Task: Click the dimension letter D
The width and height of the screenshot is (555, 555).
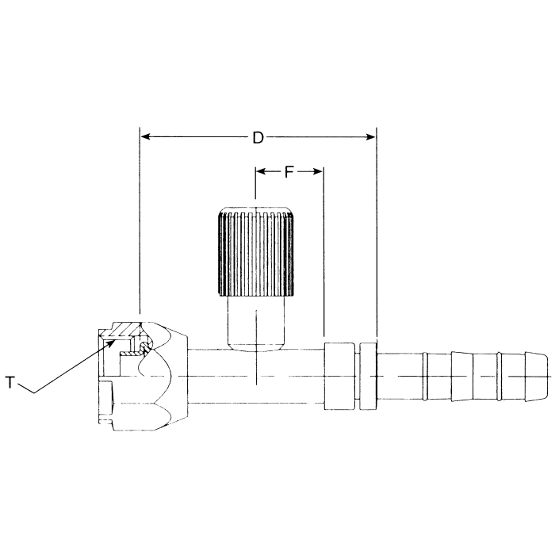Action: coord(258,138)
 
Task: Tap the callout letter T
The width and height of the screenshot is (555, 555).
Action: coord(10,384)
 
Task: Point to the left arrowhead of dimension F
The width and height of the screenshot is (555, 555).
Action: coord(260,171)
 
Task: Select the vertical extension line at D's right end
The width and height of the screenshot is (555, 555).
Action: coord(376,238)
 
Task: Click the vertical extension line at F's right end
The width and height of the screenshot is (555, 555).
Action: coord(323,254)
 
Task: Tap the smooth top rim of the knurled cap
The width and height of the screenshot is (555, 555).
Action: coord(257,211)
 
